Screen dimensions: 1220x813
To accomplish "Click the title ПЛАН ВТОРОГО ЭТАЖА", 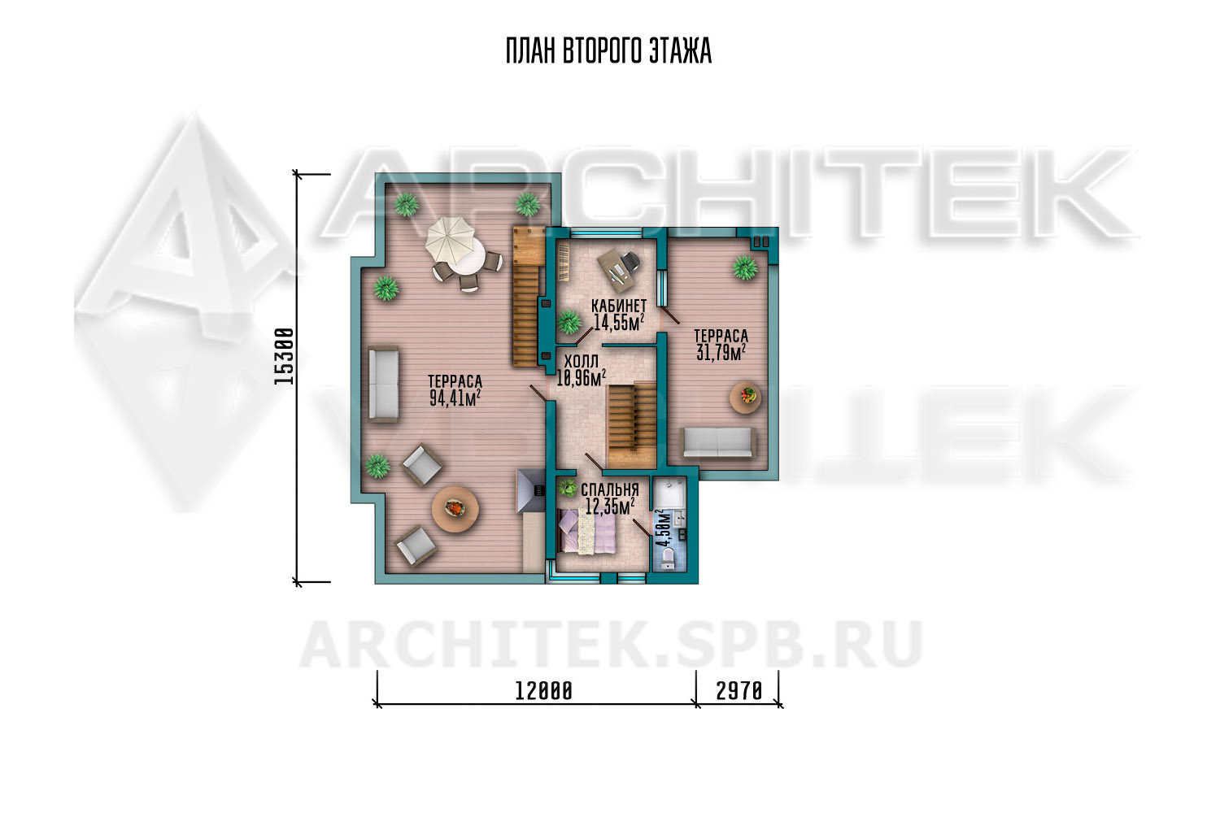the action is pos(608,52).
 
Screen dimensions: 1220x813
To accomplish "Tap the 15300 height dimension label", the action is pos(284,357).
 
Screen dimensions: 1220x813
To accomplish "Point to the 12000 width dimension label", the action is pos(543,692).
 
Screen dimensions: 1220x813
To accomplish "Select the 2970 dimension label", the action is pos(739,692).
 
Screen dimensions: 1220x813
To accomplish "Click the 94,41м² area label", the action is pos(455,398).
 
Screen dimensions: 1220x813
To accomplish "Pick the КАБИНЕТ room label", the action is pos(619,306).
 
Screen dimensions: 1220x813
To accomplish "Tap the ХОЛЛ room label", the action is pos(582,362).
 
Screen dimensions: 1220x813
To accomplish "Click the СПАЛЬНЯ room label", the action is pos(609,490).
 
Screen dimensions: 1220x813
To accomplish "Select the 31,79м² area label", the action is pos(721,352).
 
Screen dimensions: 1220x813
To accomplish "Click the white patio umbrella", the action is pos(450,239).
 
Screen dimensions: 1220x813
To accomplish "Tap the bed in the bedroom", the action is pos(588,531).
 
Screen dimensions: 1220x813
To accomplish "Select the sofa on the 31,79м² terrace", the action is pos(717,442).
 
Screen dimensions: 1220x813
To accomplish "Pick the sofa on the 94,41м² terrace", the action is pos(383,384).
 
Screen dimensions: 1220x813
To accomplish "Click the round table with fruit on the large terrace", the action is pos(455,510).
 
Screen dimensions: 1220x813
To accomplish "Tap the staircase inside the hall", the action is pos(632,425).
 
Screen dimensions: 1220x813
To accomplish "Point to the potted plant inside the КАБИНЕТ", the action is pos(569,322).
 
